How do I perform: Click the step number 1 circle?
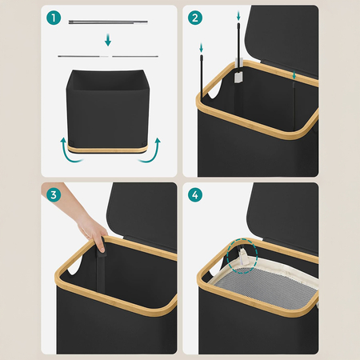click(54, 18)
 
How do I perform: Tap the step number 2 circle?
click(195, 18)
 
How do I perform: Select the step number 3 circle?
click(54, 194)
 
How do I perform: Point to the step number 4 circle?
click(195, 194)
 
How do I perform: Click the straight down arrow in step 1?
click(108, 40)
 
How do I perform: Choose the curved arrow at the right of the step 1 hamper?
click(151, 152)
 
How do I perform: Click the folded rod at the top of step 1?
click(108, 22)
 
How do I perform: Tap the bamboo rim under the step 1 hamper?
click(107, 149)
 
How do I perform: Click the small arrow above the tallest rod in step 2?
click(238, 15)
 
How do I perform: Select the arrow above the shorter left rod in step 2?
click(202, 48)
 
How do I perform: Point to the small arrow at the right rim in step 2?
click(294, 75)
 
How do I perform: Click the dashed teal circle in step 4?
click(242, 256)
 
